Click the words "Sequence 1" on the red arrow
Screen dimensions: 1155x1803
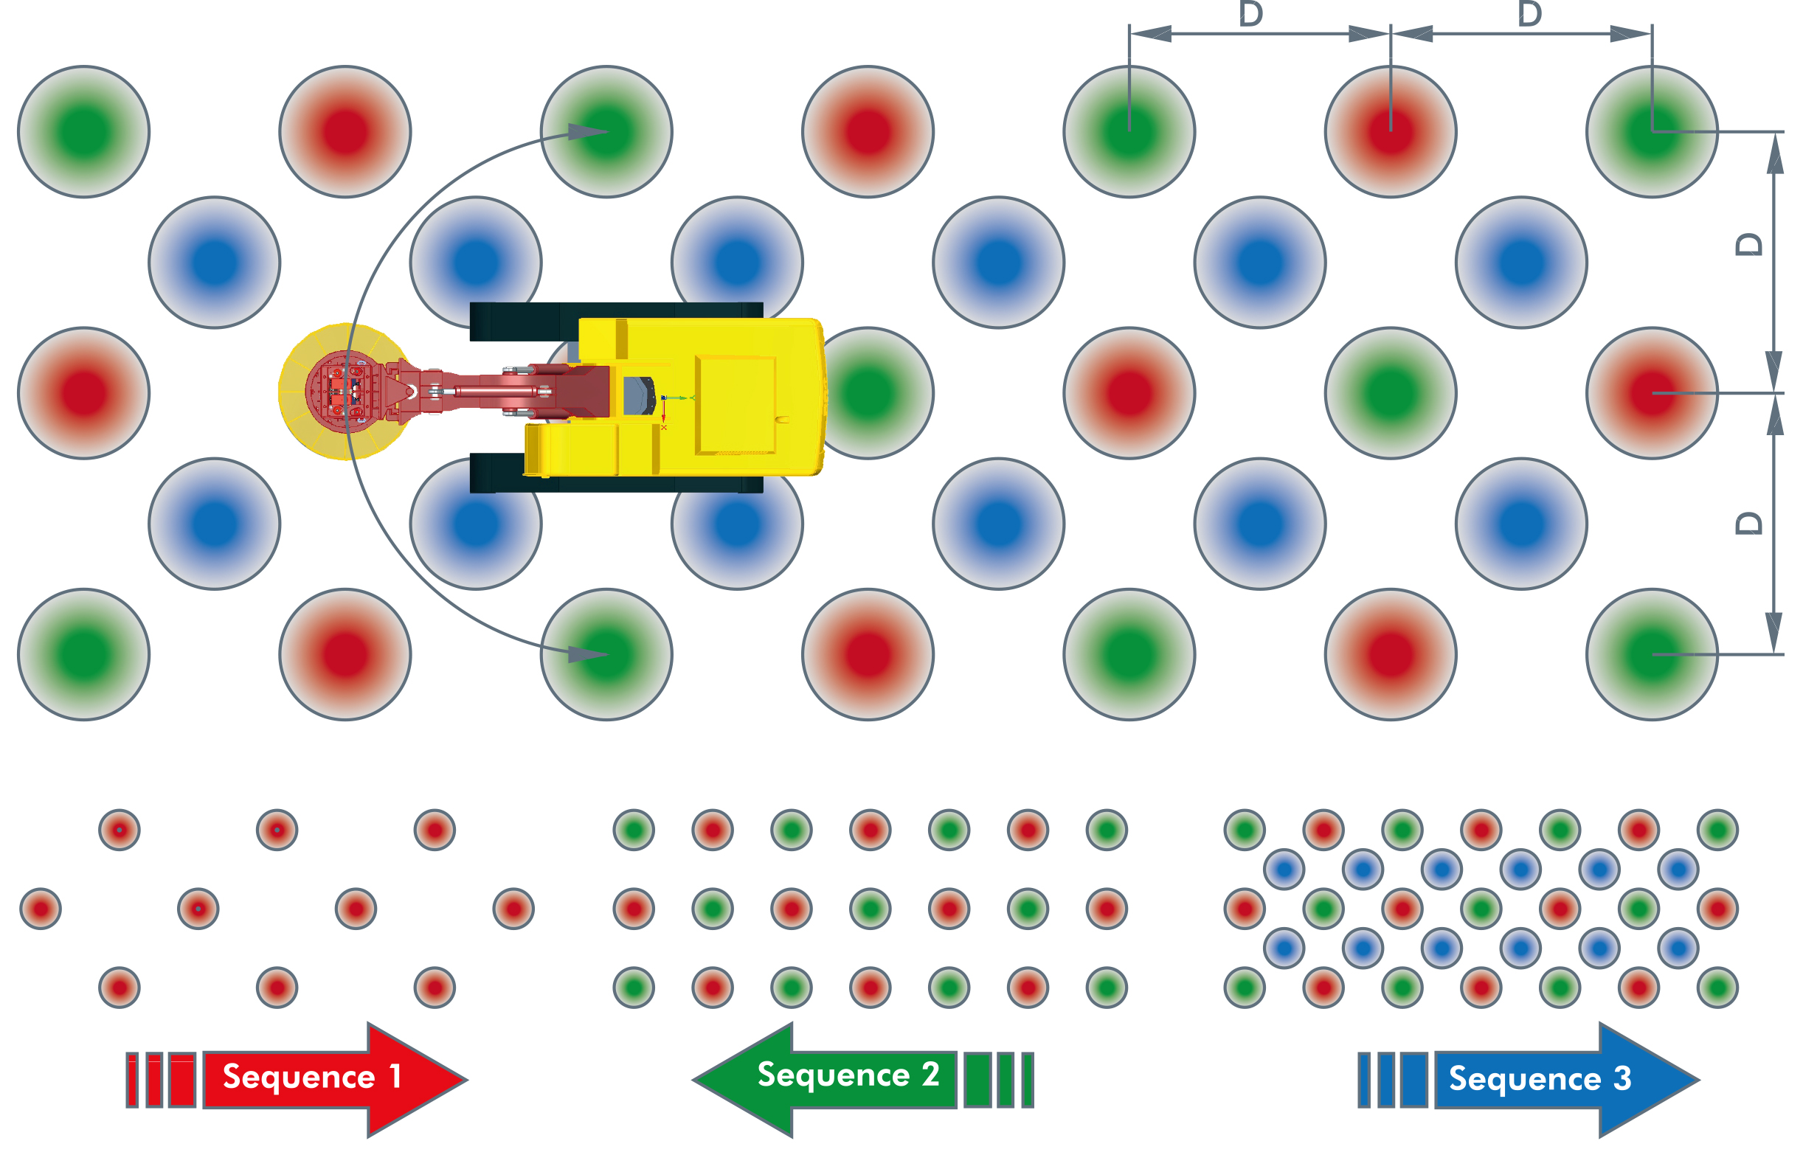311,1077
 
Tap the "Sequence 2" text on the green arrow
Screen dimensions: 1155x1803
848,1075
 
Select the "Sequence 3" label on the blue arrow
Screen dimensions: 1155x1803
1540,1078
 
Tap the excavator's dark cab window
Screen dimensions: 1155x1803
638,395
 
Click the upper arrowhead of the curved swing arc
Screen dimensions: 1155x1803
588,133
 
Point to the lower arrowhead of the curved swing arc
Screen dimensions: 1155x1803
588,654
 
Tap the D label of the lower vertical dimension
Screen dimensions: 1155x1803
1749,523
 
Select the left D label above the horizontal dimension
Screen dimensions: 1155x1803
1250,13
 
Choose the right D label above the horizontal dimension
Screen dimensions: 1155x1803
1529,13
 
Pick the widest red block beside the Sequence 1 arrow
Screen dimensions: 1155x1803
182,1080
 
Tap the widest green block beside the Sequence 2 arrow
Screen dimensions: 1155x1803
977,1080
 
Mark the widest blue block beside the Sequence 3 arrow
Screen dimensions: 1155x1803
1413,1080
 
